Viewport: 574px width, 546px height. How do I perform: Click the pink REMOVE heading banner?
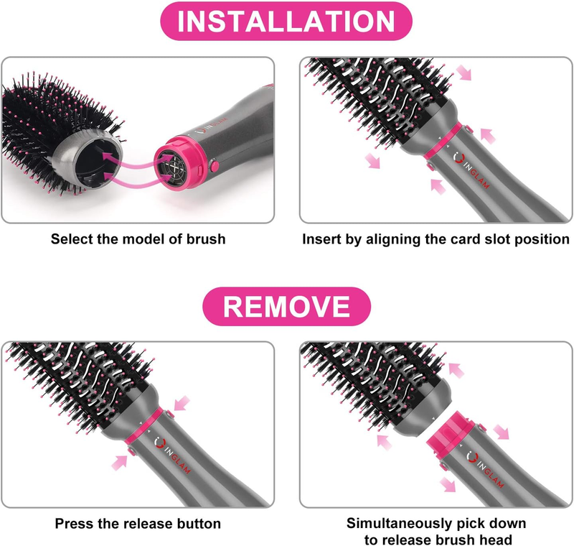[286, 305]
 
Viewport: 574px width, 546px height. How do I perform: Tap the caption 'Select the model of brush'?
[138, 239]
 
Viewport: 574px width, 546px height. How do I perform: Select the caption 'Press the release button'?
[138, 524]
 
